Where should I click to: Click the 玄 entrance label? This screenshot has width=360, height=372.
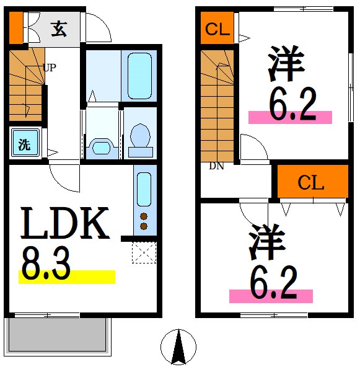click(x=59, y=29)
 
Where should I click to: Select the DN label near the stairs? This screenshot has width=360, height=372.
click(x=216, y=166)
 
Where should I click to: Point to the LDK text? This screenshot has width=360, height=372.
click(x=66, y=224)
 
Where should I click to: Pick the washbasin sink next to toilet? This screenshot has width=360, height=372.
click(x=100, y=144)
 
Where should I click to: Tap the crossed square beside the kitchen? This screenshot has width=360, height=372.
click(x=143, y=252)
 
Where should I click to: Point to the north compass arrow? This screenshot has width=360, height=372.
click(x=178, y=347)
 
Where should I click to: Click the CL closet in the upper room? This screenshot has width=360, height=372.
click(x=217, y=29)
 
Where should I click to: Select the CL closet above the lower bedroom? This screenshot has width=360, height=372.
click(x=312, y=182)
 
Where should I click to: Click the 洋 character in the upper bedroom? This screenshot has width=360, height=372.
click(x=287, y=66)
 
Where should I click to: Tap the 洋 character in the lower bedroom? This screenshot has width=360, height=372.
click(x=268, y=242)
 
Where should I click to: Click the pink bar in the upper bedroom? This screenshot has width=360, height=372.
click(x=290, y=117)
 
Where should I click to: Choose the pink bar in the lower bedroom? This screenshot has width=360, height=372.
click(x=271, y=296)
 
